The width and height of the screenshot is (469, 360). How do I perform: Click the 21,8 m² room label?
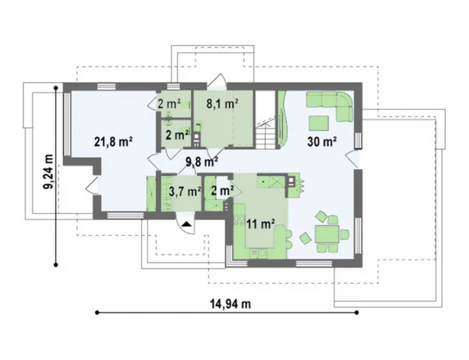click(113, 142)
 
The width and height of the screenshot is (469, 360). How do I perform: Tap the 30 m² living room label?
click(322, 142)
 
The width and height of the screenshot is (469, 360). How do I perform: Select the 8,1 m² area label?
click(222, 104)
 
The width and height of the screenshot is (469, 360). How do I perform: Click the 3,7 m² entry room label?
click(185, 191)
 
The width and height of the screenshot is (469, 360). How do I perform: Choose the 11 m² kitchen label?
click(260, 223)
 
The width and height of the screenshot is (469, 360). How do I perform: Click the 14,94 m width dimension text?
click(230, 304)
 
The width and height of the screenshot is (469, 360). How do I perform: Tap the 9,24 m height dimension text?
click(48, 172)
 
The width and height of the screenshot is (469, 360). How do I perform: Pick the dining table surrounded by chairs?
click(326, 234)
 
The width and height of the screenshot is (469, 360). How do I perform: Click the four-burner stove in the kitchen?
click(239, 220)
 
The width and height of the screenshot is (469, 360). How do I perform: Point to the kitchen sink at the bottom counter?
click(258, 254)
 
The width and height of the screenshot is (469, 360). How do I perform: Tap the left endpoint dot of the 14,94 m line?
click(97, 313)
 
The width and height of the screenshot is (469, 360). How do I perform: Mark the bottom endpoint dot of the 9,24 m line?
click(56, 265)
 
